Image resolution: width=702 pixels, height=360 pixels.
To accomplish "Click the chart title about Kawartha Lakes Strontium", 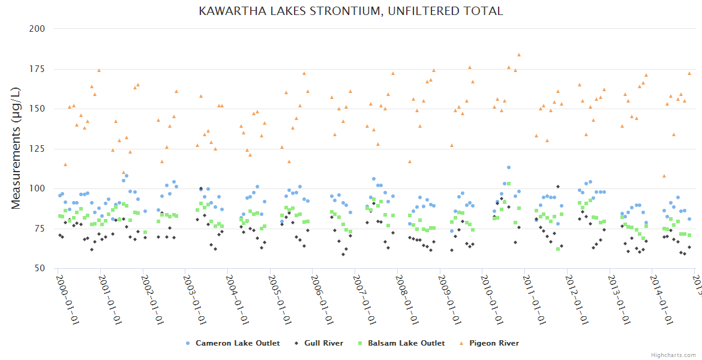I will (351, 11).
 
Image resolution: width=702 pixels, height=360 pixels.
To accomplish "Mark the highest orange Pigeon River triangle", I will (519, 55).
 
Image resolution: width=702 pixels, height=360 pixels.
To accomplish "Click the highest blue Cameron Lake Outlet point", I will (508, 167).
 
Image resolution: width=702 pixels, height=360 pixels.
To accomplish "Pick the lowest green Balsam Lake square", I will (558, 248).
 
